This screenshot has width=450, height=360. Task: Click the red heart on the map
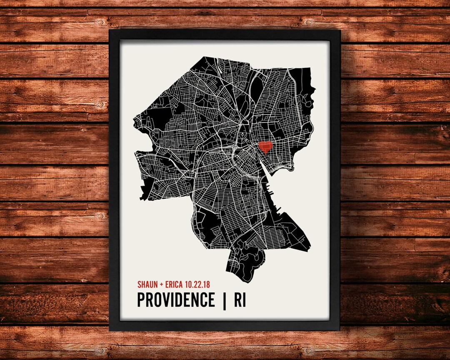coord(265,147)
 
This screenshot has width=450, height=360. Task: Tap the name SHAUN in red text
coord(147,285)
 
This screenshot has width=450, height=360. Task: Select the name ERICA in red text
coord(174,285)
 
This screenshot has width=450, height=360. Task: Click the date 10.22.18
coord(198,285)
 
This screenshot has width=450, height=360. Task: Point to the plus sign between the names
coord(161,285)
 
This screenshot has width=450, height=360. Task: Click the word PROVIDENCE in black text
coord(176,300)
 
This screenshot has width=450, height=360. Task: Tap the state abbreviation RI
coord(240,300)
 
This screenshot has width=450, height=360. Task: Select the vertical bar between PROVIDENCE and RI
coord(224,300)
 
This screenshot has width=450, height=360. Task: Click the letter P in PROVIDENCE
coord(141,300)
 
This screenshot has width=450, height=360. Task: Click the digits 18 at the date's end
coord(206,285)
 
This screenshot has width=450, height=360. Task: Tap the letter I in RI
coord(245,300)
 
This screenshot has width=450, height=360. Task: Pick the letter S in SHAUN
coord(139,285)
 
